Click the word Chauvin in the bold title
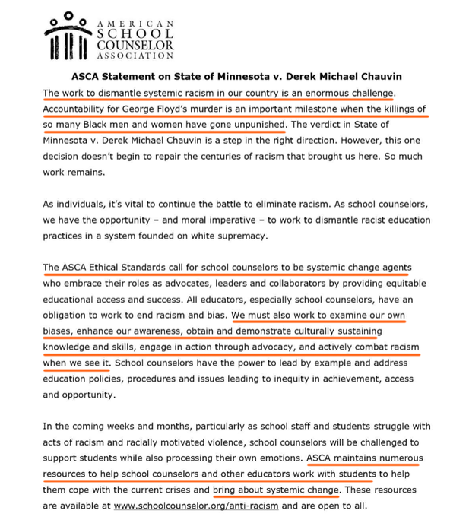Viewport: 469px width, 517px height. [x=375, y=77]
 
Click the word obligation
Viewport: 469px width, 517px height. [x=68, y=316]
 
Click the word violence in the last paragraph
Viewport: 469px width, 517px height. [x=230, y=442]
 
